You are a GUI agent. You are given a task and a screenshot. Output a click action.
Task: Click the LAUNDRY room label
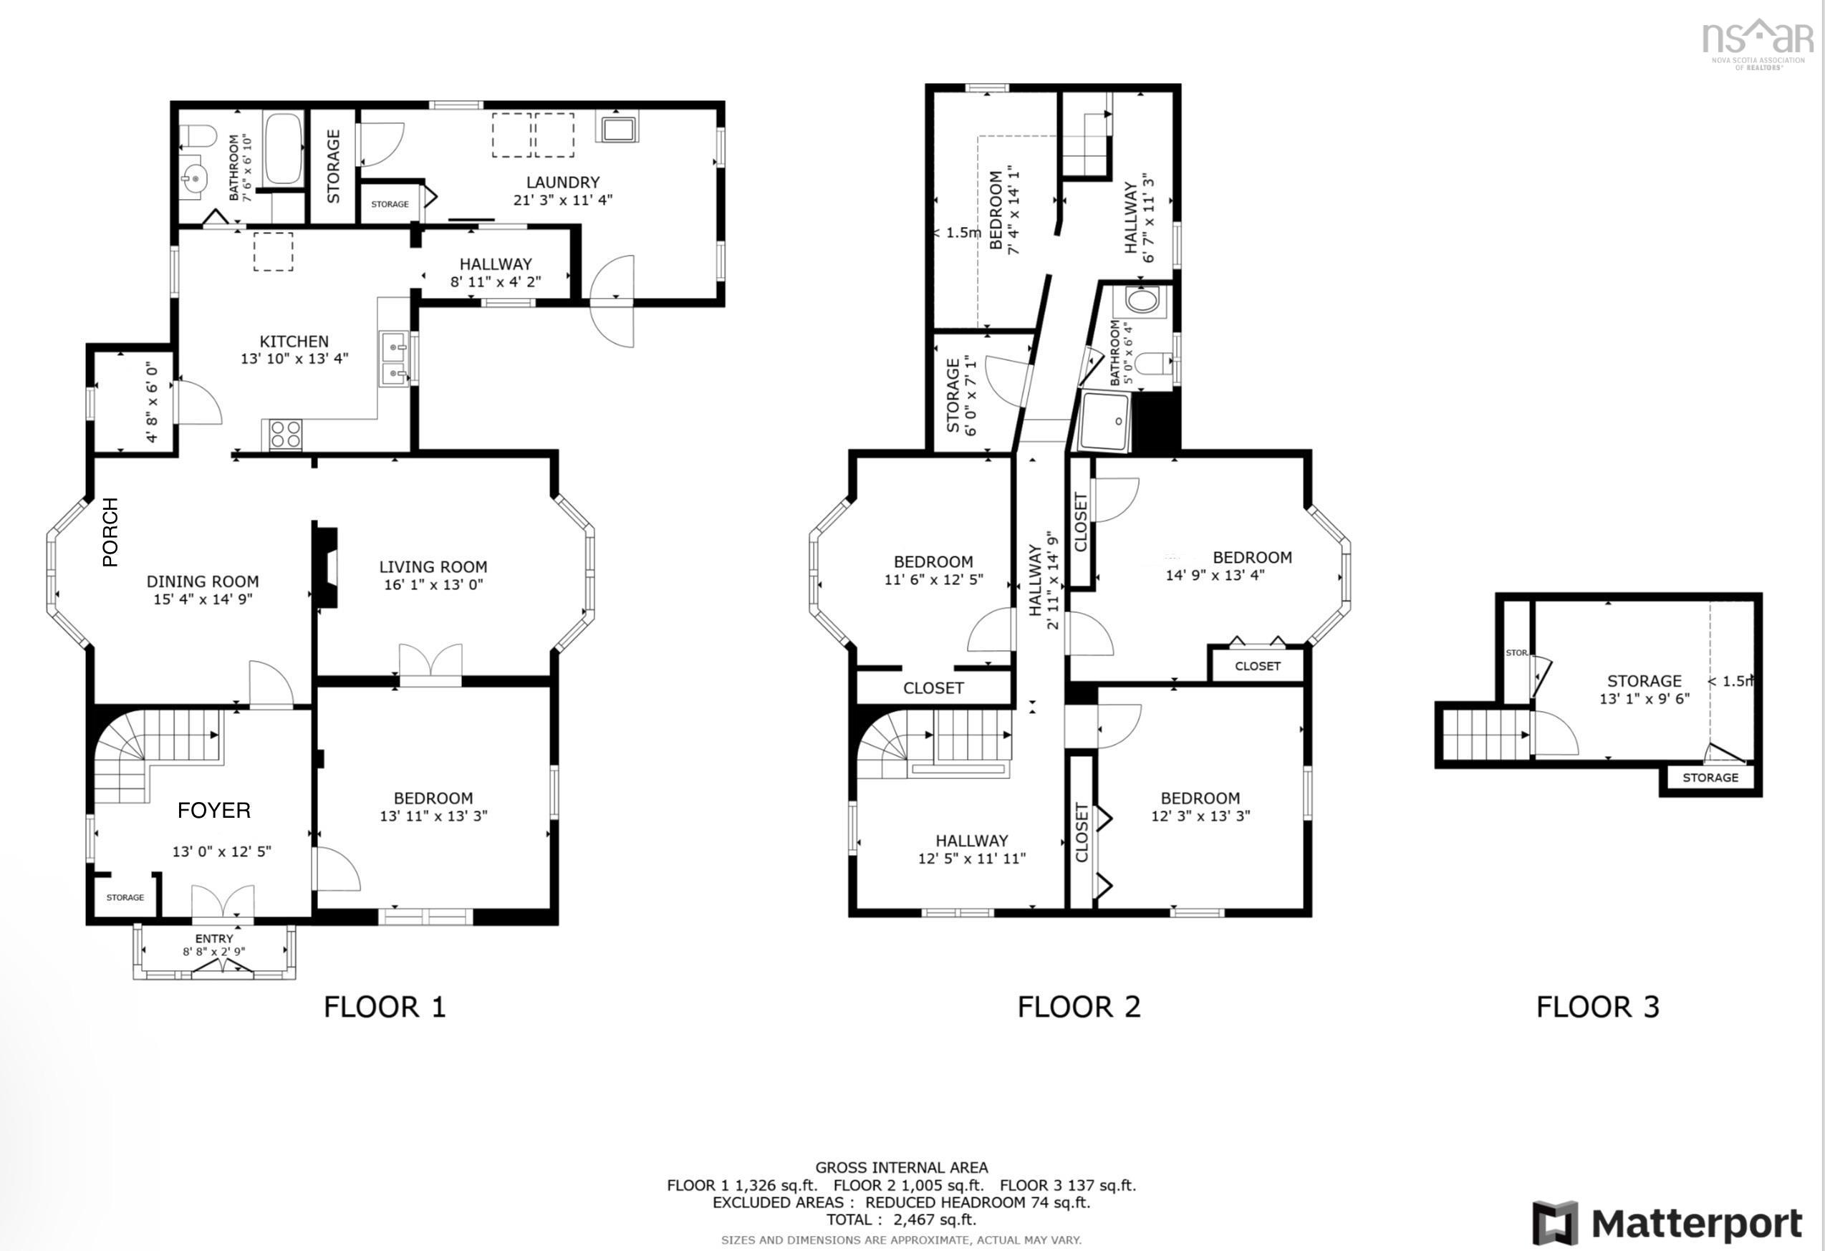[x=562, y=182]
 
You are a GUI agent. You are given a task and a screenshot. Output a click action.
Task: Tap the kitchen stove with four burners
[x=285, y=434]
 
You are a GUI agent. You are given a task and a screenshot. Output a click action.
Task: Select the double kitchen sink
[x=394, y=359]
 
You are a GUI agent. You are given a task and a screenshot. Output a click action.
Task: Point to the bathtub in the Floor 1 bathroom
[x=284, y=148]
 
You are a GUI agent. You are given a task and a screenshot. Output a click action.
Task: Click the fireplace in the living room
[x=326, y=566]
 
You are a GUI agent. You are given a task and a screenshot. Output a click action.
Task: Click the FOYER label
[x=213, y=811]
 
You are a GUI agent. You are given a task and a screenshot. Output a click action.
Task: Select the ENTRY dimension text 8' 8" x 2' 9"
[x=213, y=952]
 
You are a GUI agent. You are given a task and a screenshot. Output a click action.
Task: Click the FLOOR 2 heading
[x=1078, y=1007]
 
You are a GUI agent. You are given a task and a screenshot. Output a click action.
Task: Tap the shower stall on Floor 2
[x=1104, y=421]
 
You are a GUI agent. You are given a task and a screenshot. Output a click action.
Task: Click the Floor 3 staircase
[x=1483, y=735]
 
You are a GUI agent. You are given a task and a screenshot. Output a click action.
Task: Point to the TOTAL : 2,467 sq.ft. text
[x=901, y=1219]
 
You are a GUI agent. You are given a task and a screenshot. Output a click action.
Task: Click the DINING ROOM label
[x=203, y=582]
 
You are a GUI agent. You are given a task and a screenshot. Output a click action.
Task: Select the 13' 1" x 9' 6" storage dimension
[x=1645, y=698]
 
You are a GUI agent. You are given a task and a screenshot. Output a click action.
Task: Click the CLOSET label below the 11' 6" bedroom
[x=933, y=688]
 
